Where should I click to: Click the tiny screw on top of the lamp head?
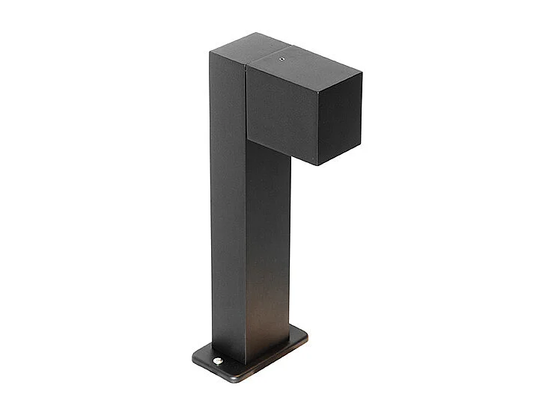(x=282, y=54)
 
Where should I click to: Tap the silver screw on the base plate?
(x=217, y=361)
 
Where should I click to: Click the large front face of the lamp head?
(x=281, y=112)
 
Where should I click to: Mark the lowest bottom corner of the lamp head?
(x=317, y=165)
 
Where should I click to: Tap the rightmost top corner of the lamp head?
(x=362, y=73)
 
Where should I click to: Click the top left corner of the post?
(x=210, y=52)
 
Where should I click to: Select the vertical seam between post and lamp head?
(x=246, y=105)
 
